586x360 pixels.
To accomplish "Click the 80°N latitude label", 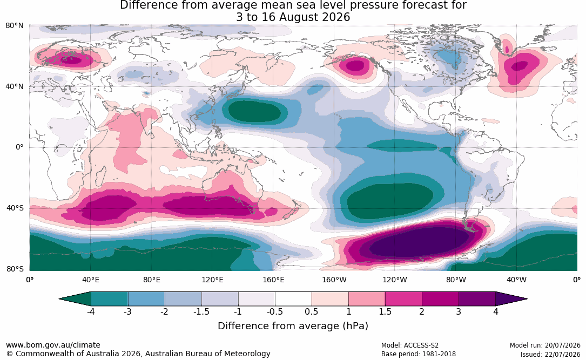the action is click(15, 26).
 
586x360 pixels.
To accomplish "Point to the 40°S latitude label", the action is click(15, 208).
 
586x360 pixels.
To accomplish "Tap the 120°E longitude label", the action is click(213, 280).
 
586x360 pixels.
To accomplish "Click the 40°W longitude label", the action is click(516, 280).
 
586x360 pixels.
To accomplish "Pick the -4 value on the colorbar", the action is click(90, 311).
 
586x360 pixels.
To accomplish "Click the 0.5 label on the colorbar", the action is click(311, 311).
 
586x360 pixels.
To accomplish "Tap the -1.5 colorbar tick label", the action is click(201, 311).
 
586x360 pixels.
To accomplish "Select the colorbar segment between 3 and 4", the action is click(477, 299).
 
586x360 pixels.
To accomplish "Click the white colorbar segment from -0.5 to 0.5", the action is click(293, 299).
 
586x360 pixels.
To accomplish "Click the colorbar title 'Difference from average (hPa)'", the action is click(293, 326).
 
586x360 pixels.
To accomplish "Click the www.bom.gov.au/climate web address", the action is click(53, 345).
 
